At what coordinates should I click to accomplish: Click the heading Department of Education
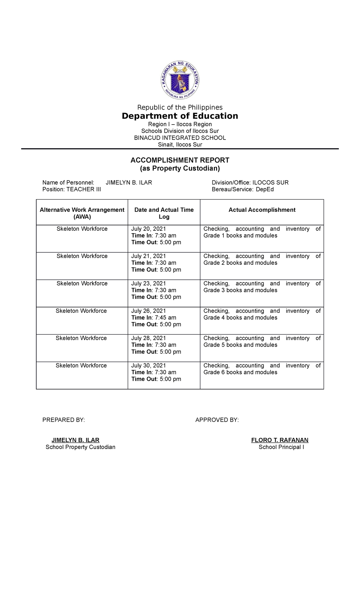click(x=180, y=116)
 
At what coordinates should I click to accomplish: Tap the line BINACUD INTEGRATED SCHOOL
click(x=180, y=138)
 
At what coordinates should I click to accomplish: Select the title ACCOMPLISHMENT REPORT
click(x=180, y=160)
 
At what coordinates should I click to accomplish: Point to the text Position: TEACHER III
click(x=71, y=189)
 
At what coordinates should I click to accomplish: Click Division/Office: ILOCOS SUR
click(x=250, y=182)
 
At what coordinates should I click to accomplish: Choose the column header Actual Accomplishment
click(x=262, y=210)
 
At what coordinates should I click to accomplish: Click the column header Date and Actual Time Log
click(x=164, y=213)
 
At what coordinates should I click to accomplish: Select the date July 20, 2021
click(x=148, y=229)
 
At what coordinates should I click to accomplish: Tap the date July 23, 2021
click(x=148, y=283)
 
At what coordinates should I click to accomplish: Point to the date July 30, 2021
click(x=148, y=365)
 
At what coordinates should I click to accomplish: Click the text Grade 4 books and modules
click(x=240, y=318)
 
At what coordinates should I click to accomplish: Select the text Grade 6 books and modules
click(x=240, y=372)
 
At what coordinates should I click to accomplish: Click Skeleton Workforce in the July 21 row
click(x=82, y=256)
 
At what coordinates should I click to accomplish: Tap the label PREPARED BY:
click(x=64, y=420)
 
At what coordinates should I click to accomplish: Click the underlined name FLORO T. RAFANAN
click(x=280, y=440)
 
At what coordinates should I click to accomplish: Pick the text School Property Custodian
click(x=80, y=447)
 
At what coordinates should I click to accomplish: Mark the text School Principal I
click(x=281, y=447)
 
